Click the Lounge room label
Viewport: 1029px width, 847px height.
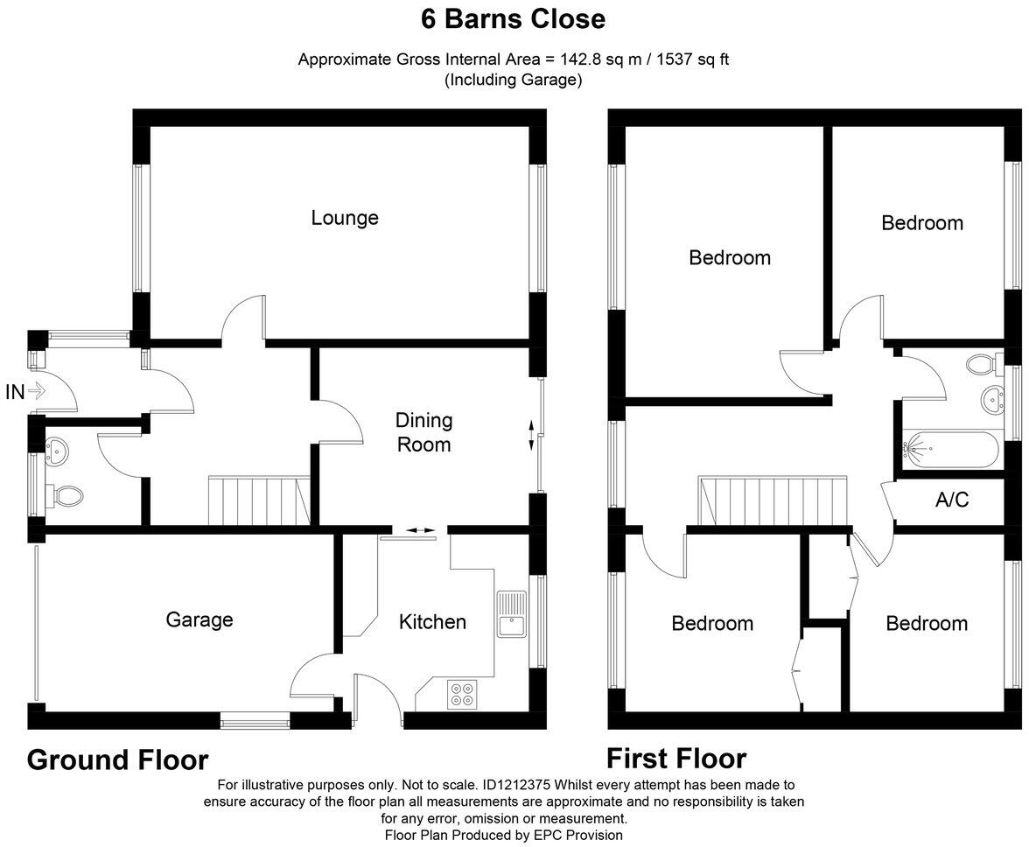[345, 217]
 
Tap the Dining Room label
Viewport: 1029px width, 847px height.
[423, 432]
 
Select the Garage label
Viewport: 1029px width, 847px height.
[199, 619]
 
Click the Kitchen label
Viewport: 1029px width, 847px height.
[432, 622]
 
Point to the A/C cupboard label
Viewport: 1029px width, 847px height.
[952, 501]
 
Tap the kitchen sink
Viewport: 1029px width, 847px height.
[510, 615]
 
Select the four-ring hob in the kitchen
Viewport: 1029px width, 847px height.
[461, 693]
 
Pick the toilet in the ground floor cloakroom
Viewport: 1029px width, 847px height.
[66, 496]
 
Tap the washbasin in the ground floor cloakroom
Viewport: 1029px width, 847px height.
[57, 452]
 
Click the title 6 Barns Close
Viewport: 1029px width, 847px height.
[514, 18]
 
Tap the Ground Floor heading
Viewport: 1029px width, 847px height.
[118, 759]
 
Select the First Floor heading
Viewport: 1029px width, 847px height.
[676, 758]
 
